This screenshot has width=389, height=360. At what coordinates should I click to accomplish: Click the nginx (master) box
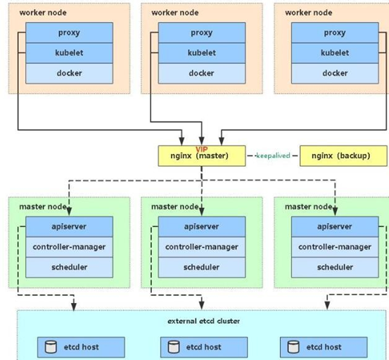202,155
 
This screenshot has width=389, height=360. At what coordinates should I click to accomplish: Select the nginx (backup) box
343,155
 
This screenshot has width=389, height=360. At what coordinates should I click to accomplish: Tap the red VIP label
202,149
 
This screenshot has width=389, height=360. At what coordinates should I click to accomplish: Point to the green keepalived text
273,155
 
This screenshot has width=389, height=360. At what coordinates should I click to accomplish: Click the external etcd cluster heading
204,321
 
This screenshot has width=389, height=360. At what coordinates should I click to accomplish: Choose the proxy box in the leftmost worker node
69,33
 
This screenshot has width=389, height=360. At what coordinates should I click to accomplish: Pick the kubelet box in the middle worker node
202,53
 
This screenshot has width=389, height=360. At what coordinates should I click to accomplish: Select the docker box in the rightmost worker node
335,73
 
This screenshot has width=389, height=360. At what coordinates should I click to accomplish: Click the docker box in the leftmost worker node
69,73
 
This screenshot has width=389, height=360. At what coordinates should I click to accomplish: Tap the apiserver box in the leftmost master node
69,226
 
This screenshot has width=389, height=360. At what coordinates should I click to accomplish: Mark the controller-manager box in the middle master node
202,247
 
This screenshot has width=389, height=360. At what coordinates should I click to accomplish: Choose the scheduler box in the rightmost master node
335,267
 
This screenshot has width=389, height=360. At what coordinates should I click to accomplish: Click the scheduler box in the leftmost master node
69,267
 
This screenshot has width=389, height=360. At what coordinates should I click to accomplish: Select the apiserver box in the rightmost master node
335,226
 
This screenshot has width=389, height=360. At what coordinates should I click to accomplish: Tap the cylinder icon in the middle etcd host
174,347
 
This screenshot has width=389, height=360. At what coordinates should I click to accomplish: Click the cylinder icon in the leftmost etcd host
51,347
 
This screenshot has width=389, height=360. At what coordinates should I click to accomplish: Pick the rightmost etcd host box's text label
324,347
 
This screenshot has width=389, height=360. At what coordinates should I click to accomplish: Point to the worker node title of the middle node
175,13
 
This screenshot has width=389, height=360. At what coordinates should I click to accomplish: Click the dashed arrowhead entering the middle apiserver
202,212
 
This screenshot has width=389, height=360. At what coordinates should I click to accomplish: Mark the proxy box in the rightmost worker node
335,33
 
